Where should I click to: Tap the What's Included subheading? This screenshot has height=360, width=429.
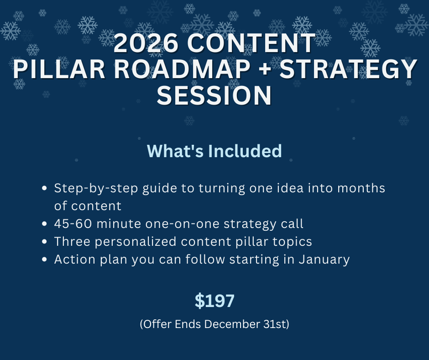(x=214, y=151)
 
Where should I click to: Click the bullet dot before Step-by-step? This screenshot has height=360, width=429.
(x=44, y=188)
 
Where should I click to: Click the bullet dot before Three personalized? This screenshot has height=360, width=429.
(x=44, y=242)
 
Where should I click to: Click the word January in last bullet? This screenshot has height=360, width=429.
(x=324, y=259)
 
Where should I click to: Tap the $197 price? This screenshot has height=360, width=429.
(x=214, y=301)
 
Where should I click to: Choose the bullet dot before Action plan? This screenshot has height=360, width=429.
(x=44, y=259)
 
